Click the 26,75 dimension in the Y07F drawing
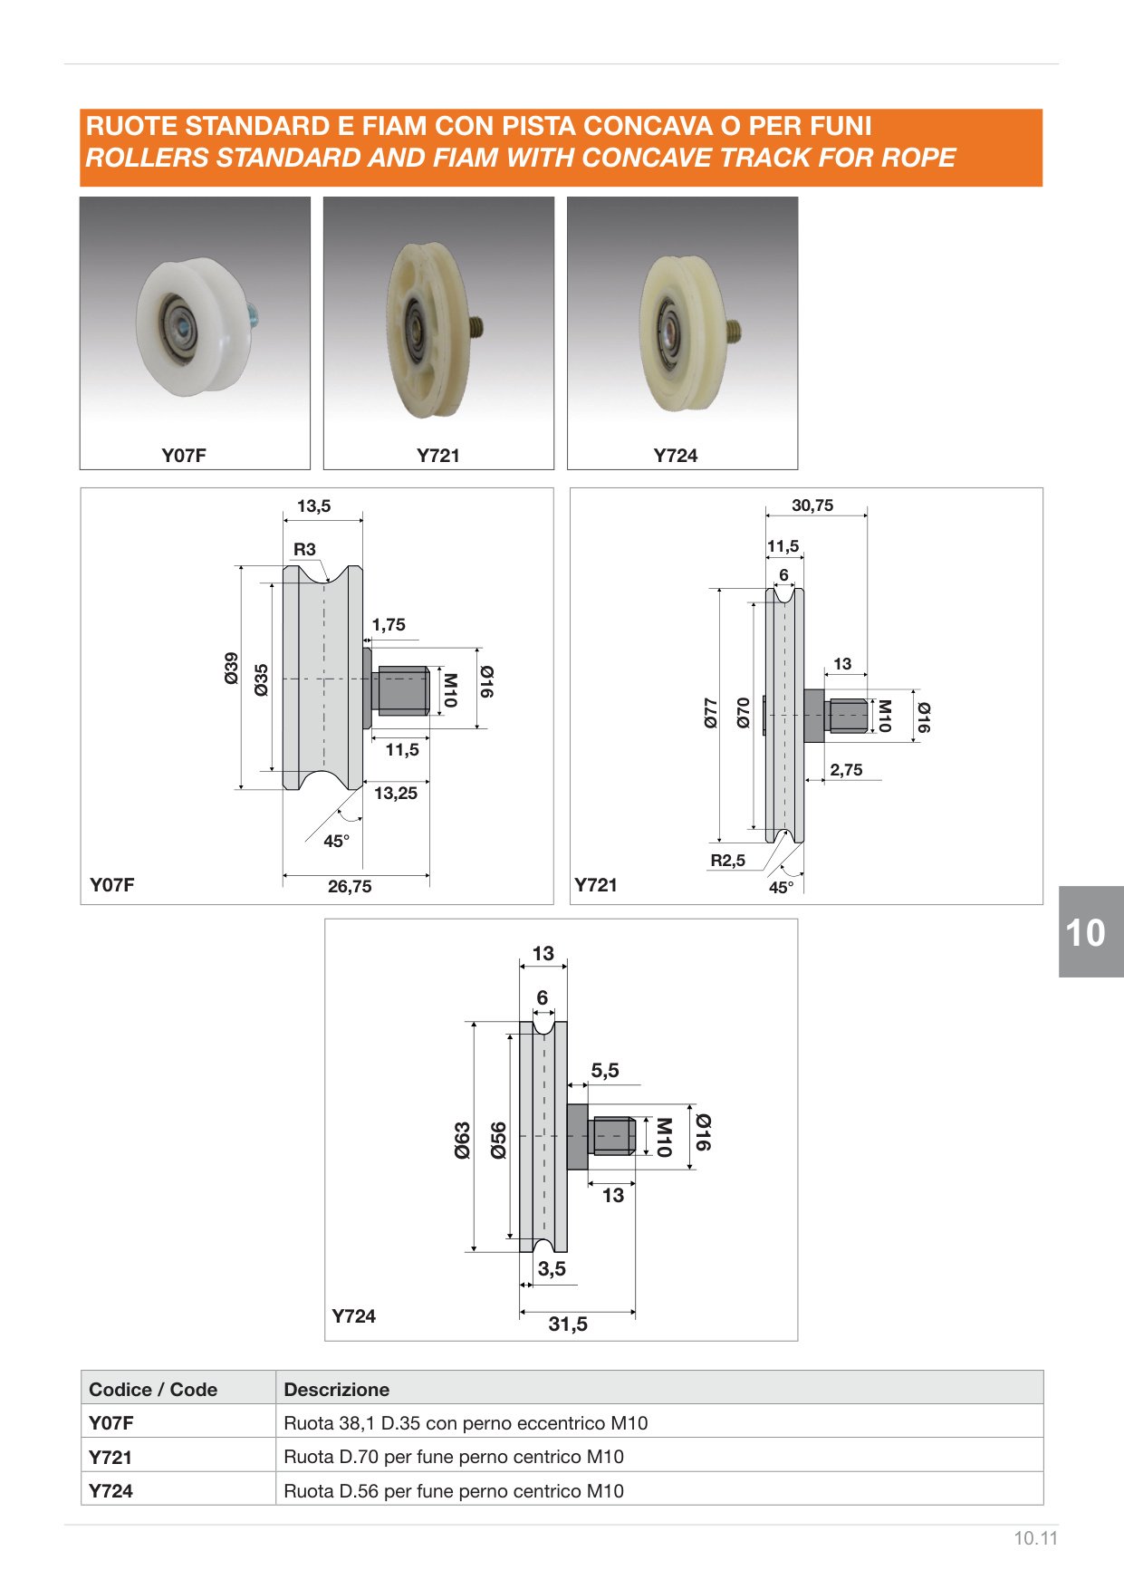click(x=350, y=887)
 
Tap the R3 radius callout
click(x=304, y=550)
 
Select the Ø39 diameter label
click(x=232, y=668)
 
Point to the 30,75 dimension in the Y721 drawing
click(x=812, y=506)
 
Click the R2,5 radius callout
click(x=727, y=861)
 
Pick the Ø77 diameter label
click(x=711, y=713)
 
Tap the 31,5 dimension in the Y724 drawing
click(x=568, y=1324)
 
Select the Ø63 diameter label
click(x=462, y=1141)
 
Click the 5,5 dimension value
click(x=605, y=1071)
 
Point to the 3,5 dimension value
click(x=552, y=1269)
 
